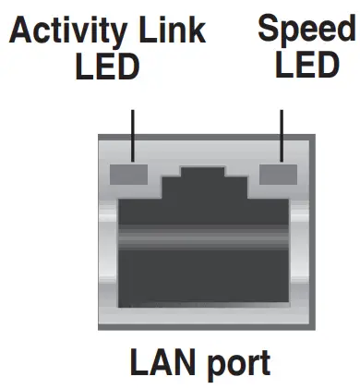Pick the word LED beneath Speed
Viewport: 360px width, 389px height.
coord(306,67)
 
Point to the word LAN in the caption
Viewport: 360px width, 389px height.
coord(158,361)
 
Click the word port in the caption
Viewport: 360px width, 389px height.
coord(236,363)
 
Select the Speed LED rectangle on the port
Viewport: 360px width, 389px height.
coord(280,174)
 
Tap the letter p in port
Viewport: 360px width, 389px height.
coord(210,365)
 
